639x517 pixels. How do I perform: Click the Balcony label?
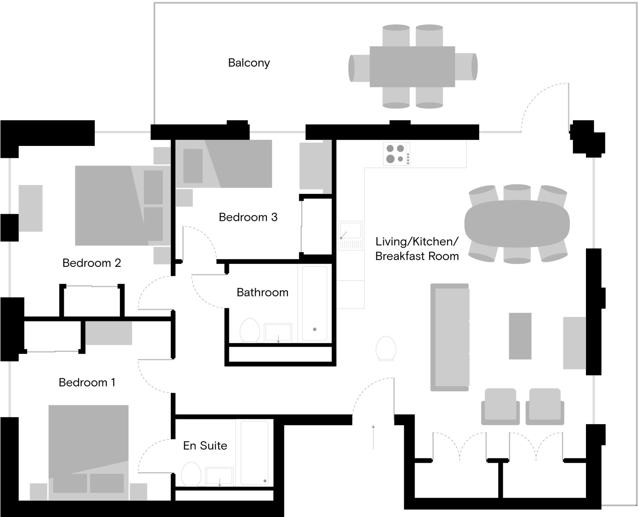(x=249, y=63)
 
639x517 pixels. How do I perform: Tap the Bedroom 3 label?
(x=248, y=217)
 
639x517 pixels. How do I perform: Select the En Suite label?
(x=205, y=446)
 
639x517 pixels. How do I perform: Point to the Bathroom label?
(x=262, y=292)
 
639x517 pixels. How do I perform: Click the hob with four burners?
(x=397, y=154)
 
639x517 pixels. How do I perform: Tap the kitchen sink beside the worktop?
(x=350, y=235)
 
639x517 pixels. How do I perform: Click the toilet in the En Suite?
(x=191, y=474)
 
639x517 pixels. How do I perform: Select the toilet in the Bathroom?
(x=250, y=331)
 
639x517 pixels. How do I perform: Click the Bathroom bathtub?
(x=315, y=303)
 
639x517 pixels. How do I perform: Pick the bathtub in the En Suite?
(x=255, y=453)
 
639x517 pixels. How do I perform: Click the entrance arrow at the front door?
(x=373, y=437)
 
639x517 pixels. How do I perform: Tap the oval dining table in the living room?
(x=517, y=224)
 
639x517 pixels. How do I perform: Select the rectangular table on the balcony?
(x=412, y=67)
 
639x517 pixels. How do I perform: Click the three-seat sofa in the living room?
(x=450, y=337)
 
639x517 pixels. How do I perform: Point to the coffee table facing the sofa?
(x=520, y=336)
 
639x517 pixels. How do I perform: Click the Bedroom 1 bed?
(x=89, y=453)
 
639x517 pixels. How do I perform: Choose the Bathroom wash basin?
(x=278, y=333)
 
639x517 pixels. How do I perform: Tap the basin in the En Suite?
(x=219, y=476)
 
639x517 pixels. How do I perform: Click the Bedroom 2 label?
(x=91, y=263)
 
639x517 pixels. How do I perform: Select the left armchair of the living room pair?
(x=500, y=407)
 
